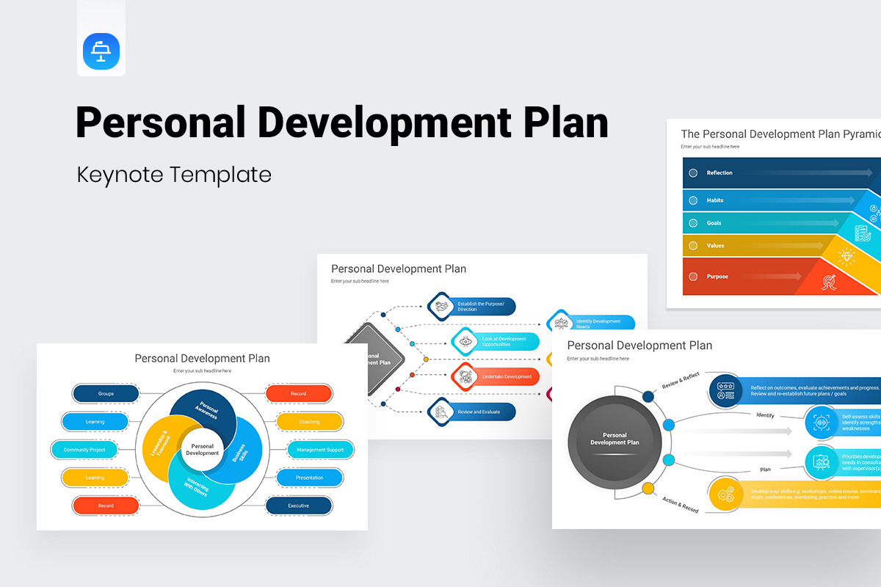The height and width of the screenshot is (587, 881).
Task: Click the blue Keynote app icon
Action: tap(101, 52)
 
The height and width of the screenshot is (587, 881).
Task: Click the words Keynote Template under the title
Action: tap(174, 175)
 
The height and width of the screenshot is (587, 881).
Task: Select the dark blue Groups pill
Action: tap(106, 394)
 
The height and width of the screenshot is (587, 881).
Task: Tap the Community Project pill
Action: tap(84, 450)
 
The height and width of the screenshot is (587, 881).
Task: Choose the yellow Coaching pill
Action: tap(309, 422)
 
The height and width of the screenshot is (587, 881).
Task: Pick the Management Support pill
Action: tap(320, 450)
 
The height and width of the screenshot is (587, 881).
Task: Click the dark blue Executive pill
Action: tap(298, 506)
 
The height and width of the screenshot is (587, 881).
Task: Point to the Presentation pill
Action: tap(309, 478)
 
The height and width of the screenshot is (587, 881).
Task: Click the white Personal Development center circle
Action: tap(202, 450)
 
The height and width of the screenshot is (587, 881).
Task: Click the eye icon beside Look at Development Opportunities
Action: tap(465, 341)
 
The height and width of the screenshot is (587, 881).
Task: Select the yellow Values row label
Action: tap(715, 246)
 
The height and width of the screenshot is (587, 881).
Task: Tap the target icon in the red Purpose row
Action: tap(830, 280)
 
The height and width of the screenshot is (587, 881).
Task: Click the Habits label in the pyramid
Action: tap(715, 200)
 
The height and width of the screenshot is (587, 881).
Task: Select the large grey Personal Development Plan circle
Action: tap(614, 439)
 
